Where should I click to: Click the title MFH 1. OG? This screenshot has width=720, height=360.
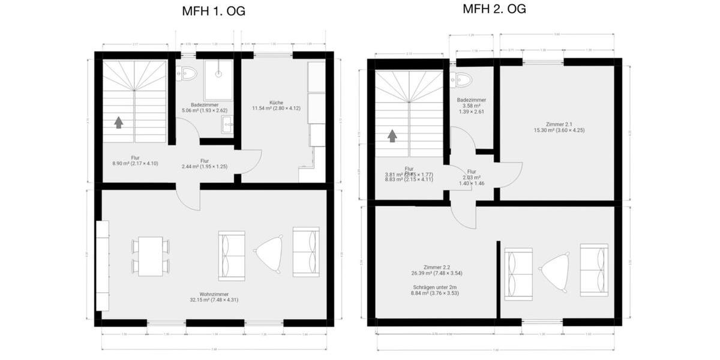pyautogui.click(x=214, y=11)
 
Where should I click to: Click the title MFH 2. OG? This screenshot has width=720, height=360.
pyautogui.click(x=494, y=9)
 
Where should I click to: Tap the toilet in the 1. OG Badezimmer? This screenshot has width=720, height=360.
pyautogui.click(x=187, y=73)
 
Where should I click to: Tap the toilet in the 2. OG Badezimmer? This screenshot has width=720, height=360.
pyautogui.click(x=463, y=80)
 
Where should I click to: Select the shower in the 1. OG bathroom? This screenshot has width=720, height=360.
pyautogui.click(x=218, y=80)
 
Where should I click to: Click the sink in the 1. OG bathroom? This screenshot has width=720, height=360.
pyautogui.click(x=228, y=125)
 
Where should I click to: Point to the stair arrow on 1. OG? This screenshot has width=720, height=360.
pyautogui.click(x=119, y=122)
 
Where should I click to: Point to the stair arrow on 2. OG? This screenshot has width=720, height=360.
pyautogui.click(x=392, y=136)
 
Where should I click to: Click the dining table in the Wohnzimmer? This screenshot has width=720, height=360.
pyautogui.click(x=151, y=256)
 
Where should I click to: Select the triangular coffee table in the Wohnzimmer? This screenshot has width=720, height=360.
pyautogui.click(x=269, y=253)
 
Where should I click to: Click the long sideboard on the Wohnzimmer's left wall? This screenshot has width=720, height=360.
pyautogui.click(x=103, y=265)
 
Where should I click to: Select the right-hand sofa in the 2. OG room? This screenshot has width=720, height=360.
pyautogui.click(x=593, y=269)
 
